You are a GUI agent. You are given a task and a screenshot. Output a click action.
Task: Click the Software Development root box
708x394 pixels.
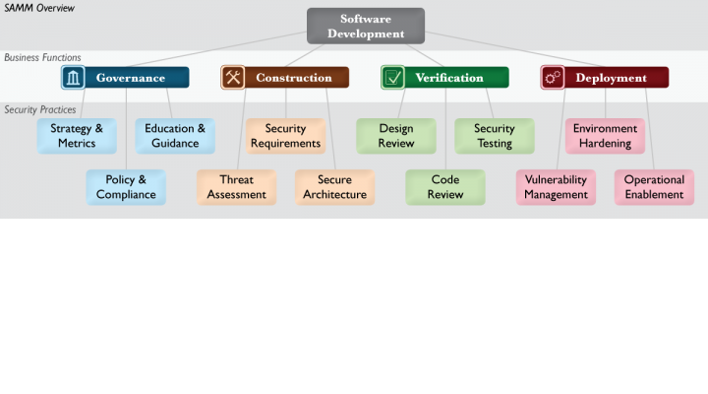coord(366,26)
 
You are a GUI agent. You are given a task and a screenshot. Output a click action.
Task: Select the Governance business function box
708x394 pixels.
coord(125,78)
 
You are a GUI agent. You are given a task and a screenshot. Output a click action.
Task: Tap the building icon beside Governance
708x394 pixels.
coord(73,78)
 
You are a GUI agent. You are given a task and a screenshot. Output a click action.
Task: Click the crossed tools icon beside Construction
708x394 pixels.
coord(233,78)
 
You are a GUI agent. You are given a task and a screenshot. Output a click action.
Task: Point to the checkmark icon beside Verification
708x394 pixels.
coord(392,78)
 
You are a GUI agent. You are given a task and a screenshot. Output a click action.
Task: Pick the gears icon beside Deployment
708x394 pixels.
coord(553,78)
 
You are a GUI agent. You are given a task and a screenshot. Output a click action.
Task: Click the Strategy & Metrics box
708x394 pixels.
coord(77,136)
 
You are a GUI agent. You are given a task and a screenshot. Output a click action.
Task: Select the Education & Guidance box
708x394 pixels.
coord(175,136)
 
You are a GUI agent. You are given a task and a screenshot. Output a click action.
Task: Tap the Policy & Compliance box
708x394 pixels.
coord(126,187)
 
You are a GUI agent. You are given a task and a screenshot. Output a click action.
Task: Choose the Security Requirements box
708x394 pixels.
coord(286,136)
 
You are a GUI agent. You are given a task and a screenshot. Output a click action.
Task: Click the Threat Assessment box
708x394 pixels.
coord(237,187)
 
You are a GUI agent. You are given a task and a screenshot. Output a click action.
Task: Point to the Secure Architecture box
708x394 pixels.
coord(335,187)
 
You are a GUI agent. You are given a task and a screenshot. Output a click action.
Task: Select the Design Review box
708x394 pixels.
coord(396,136)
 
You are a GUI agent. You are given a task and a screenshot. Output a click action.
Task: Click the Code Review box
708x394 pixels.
coord(445,187)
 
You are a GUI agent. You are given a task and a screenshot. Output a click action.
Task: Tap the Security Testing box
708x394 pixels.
coord(495,136)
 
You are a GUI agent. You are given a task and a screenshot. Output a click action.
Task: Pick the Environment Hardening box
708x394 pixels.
coord(606,136)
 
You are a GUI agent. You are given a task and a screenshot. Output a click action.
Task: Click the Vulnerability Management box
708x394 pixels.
coord(557,187)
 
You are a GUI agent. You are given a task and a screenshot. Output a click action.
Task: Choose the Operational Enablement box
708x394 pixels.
coord(655,187)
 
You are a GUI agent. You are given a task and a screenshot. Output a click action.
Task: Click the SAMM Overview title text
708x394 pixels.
coord(39,8)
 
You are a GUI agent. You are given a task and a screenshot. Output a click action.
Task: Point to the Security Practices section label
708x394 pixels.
coord(40,110)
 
